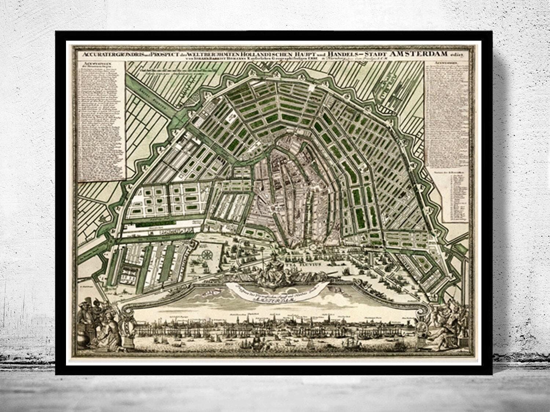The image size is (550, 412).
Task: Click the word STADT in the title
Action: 376,54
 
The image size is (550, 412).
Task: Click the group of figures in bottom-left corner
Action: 97,322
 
